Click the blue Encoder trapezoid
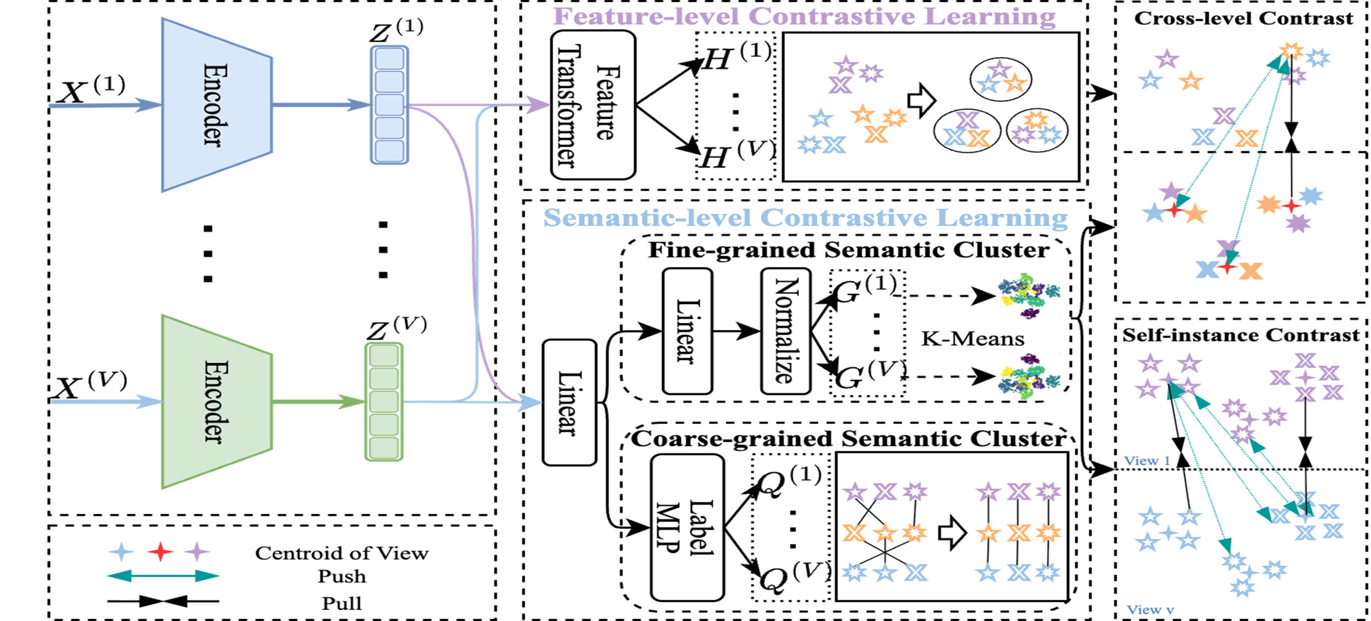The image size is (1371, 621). tap(216, 105)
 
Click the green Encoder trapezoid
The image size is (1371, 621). tap(216, 402)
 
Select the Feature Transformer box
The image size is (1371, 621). tap(592, 105)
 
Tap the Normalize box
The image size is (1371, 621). tap(786, 331)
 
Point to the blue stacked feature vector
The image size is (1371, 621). tap(390, 105)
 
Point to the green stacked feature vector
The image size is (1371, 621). tap(384, 402)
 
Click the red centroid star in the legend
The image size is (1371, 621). tap(160, 552)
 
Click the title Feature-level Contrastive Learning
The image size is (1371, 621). tap(804, 16)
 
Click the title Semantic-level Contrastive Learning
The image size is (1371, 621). tap(805, 218)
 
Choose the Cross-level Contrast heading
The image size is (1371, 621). tap(1243, 18)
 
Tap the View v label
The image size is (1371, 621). tap(1150, 610)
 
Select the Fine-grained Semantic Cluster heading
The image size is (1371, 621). tap(848, 250)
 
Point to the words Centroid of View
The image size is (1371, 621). tap(342, 553)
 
